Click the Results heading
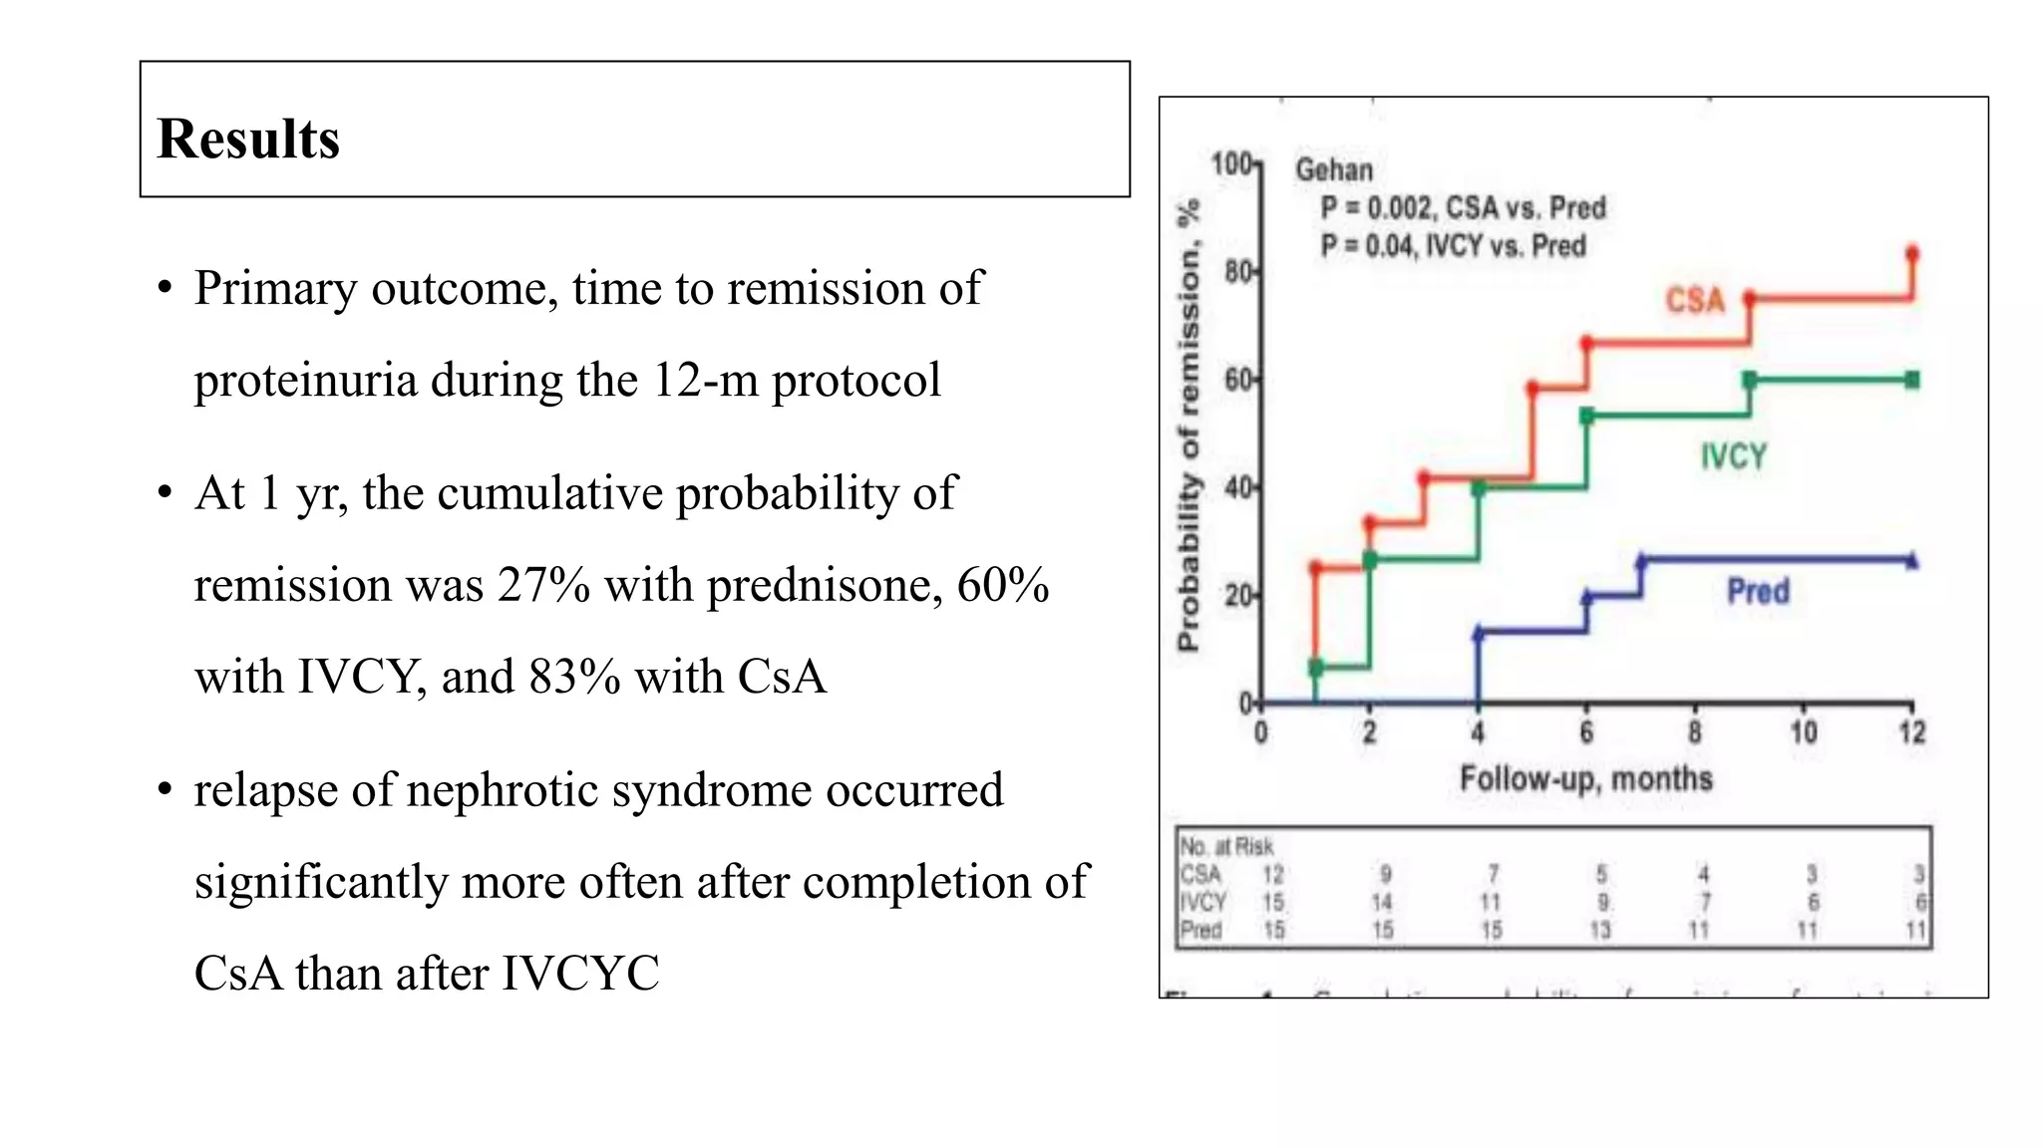248,139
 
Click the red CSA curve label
1695,300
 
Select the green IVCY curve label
1733,456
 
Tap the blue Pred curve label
1758,591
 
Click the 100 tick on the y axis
1233,164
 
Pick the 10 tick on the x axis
1803,733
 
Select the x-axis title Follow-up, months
1585,778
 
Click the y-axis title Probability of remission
1189,427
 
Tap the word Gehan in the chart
1334,170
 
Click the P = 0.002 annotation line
1463,208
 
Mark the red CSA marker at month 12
1911,254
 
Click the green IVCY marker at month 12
1911,380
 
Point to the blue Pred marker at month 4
1479,632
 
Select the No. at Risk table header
1226,846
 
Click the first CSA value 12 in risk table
1273,874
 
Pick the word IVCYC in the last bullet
579,974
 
